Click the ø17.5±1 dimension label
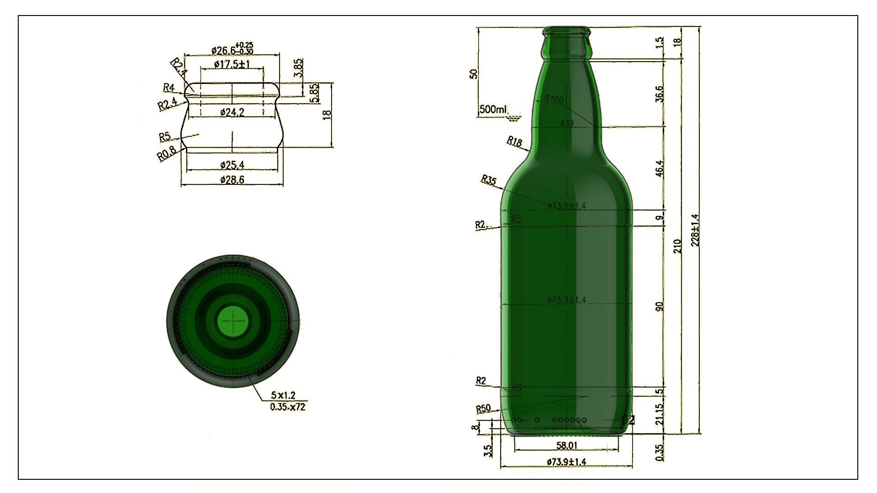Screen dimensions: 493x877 click(x=232, y=64)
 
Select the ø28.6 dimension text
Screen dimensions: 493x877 click(x=232, y=180)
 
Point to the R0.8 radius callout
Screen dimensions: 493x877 click(x=166, y=154)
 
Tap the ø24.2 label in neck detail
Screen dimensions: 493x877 click(x=232, y=112)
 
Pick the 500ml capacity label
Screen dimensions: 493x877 click(x=493, y=110)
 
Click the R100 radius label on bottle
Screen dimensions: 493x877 click(x=554, y=100)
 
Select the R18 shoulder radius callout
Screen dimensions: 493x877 click(x=514, y=142)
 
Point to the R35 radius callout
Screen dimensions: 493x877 click(x=488, y=180)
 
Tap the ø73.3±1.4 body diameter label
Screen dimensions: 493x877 click(x=566, y=300)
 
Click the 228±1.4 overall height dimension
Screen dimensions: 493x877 click(x=696, y=231)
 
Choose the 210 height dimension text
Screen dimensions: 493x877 click(x=677, y=246)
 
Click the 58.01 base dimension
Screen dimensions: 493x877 click(x=566, y=445)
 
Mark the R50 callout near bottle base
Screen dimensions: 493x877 click(x=483, y=409)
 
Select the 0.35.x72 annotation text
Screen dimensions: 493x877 click(x=287, y=407)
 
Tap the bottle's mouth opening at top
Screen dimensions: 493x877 click(x=566, y=31)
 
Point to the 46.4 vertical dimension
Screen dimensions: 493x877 click(x=660, y=168)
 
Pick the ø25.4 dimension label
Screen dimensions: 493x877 click(x=232, y=164)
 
